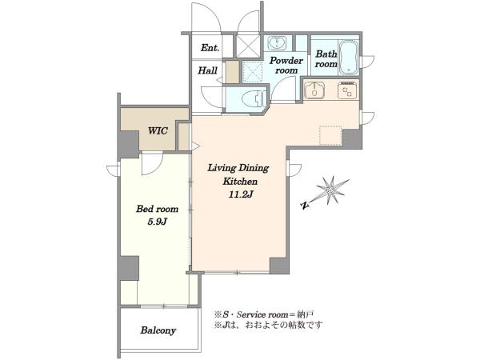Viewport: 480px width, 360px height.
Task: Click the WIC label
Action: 158,131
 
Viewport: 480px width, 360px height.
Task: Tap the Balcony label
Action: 158,330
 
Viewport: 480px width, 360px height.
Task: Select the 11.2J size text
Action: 240,194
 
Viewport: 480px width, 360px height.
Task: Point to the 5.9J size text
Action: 157,222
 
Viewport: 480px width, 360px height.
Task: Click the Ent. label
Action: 210,48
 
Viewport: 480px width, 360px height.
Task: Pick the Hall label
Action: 207,70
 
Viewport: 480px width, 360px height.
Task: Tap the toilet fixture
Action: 254,98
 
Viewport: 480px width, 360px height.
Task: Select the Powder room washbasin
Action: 278,43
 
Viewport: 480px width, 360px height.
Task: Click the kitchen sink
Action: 314,90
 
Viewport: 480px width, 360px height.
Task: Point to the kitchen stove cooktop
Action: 347,90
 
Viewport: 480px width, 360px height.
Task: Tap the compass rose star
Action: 332,190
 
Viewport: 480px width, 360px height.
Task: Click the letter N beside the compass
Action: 304,206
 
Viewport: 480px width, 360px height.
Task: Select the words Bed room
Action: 157,209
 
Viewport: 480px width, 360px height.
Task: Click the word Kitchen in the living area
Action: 240,182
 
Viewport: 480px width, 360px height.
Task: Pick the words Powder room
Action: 286,66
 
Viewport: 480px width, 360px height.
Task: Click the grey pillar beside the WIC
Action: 129,144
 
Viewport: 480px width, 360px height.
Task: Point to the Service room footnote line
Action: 264,314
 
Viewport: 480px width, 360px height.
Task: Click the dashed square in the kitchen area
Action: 330,135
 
